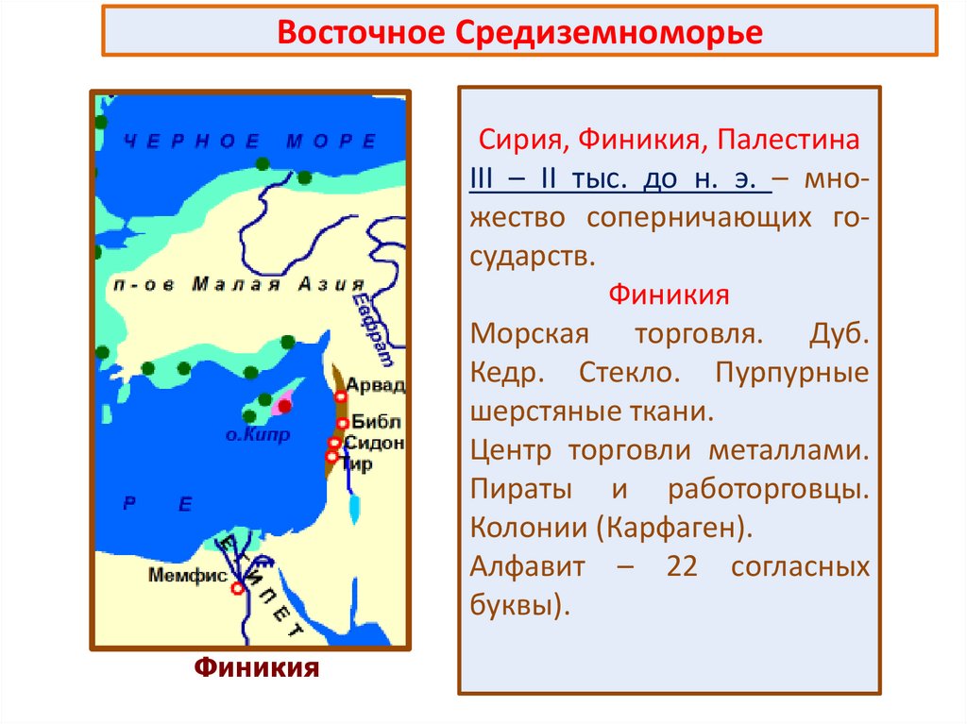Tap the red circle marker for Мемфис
click(x=238, y=587)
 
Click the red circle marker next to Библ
click(x=343, y=423)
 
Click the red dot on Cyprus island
click(x=283, y=405)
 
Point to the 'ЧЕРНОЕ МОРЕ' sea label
click(x=250, y=141)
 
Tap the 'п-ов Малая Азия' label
click(x=236, y=285)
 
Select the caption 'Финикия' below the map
click(x=257, y=668)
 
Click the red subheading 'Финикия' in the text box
click(x=669, y=295)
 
